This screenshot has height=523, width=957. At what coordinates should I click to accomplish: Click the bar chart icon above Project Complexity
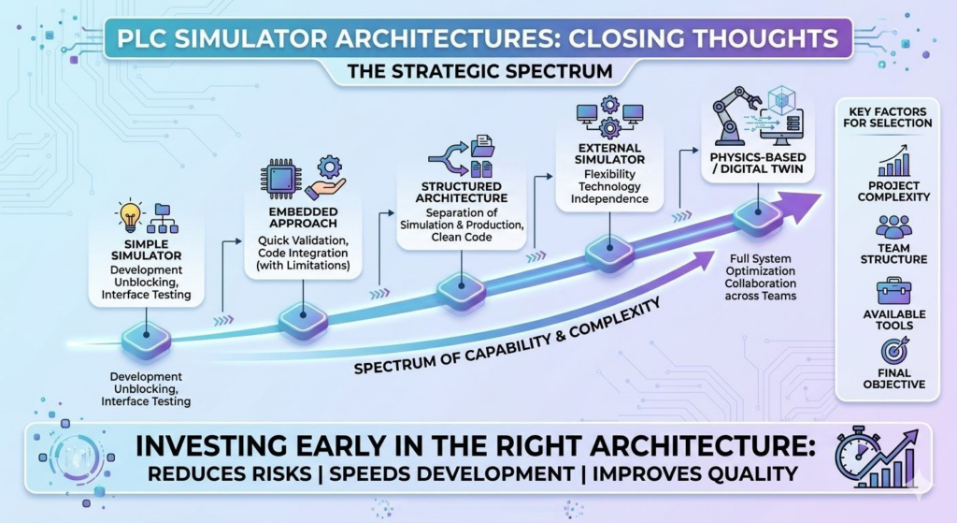(893, 161)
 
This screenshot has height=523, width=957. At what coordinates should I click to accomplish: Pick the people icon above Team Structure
(893, 226)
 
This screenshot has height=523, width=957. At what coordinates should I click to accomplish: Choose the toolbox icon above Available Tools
(893, 291)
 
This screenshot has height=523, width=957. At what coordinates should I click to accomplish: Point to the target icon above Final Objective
(894, 350)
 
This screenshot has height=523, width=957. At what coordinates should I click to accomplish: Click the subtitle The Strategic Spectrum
(479, 71)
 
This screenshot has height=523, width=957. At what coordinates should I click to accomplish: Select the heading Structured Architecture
(462, 192)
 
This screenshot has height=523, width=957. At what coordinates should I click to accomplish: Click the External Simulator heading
(609, 153)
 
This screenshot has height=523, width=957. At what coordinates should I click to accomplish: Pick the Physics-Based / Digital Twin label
(757, 163)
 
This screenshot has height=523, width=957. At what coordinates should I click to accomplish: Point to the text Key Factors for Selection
(888, 117)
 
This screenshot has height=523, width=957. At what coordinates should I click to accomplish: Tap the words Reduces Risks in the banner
(230, 473)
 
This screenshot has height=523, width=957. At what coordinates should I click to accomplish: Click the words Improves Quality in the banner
(694, 473)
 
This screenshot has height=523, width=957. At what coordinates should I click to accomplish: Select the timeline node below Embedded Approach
(303, 317)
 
